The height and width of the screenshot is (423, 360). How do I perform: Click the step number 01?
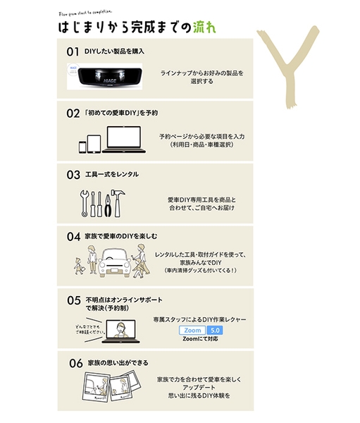(x=73, y=51)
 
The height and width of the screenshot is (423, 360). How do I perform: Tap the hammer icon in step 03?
(x=118, y=203)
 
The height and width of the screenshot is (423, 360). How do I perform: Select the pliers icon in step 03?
(x=107, y=204)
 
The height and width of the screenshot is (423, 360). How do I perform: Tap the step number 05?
(x=74, y=300)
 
